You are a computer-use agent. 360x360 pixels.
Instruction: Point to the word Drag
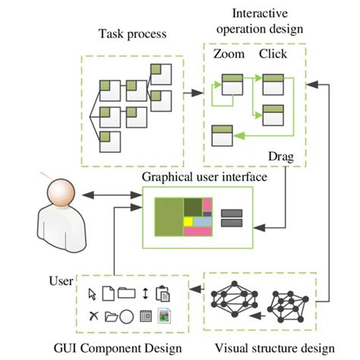pos(281,157)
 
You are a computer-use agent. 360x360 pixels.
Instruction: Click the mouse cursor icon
pos(92,293)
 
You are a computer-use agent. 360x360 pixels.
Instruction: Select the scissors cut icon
pos(93,315)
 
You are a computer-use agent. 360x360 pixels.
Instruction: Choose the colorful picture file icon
pos(163,315)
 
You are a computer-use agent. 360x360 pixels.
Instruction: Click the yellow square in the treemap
pos(187,220)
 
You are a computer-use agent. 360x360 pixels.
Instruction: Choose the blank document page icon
pos(109,293)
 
